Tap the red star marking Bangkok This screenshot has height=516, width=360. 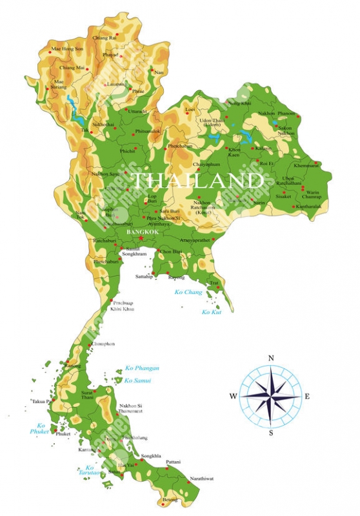(141, 238)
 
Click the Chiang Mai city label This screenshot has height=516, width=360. (72, 68)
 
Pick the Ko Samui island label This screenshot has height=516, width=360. (137, 381)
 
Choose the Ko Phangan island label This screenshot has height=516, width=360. (142, 368)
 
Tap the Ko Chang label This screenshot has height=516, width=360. (188, 292)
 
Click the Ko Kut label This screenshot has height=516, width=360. (212, 312)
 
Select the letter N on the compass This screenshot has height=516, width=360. (271, 358)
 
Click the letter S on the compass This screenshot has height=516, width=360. (271, 433)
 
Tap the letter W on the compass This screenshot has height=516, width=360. (233, 396)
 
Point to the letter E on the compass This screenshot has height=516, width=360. (307, 396)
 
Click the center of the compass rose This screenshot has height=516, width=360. (271, 395)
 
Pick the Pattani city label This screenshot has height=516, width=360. (173, 462)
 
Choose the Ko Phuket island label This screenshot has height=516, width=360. (41, 428)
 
